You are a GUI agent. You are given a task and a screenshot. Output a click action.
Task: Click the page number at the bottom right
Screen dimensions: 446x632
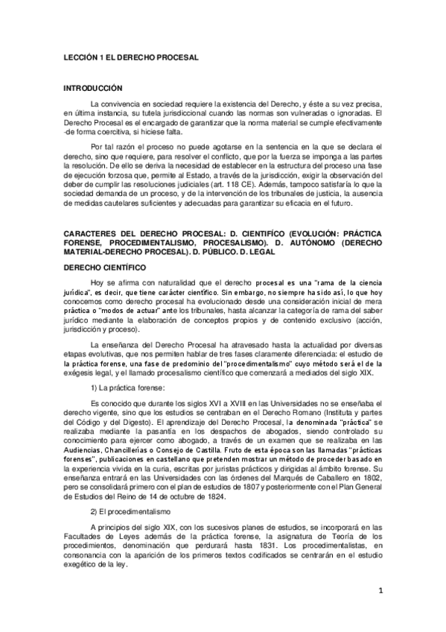(x=380, y=592)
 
